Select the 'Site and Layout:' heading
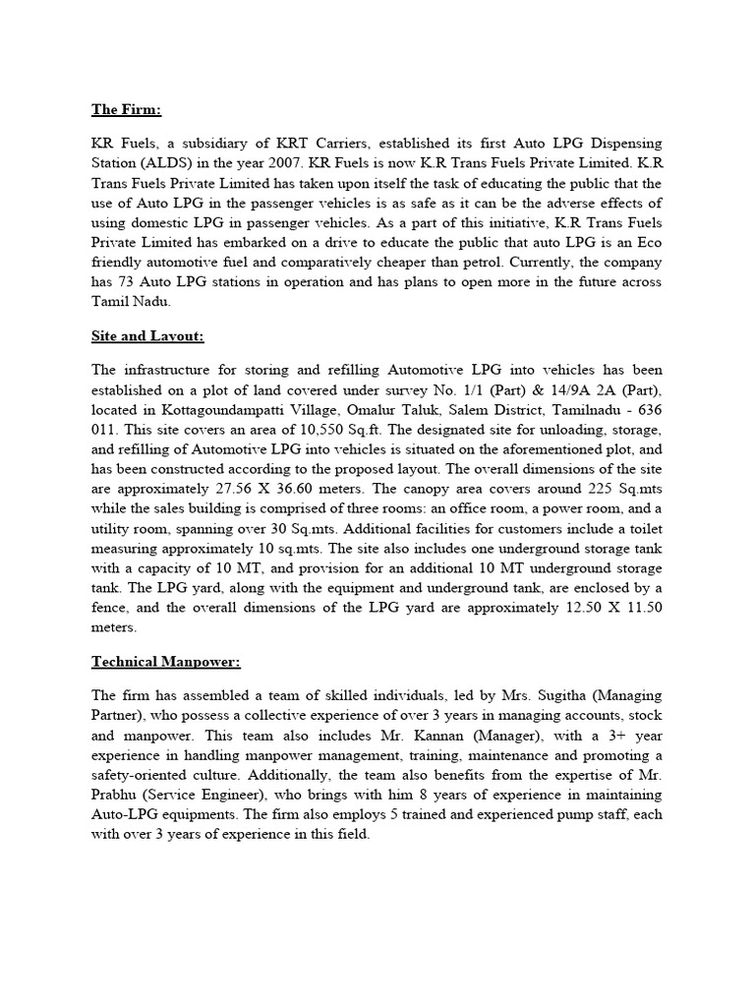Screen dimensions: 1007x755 coord(146,336)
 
